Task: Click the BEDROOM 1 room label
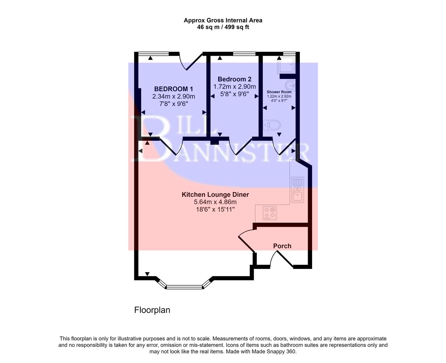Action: click(173, 89)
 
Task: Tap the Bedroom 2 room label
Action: click(234, 79)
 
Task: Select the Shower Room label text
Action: click(279, 92)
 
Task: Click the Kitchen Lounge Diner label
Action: click(215, 195)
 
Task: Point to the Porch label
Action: click(282, 246)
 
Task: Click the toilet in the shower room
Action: click(272, 126)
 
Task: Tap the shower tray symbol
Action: click(286, 65)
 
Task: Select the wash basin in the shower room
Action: click(290, 85)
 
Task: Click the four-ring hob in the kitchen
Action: click(270, 213)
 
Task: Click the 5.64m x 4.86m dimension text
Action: click(215, 202)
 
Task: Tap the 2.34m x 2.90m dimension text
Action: click(173, 96)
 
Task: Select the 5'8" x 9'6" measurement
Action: click(234, 94)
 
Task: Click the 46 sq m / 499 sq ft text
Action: click(223, 27)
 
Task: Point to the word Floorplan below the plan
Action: click(152, 310)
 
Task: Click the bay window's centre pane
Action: click(184, 287)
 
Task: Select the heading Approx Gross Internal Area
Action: click(223, 20)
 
